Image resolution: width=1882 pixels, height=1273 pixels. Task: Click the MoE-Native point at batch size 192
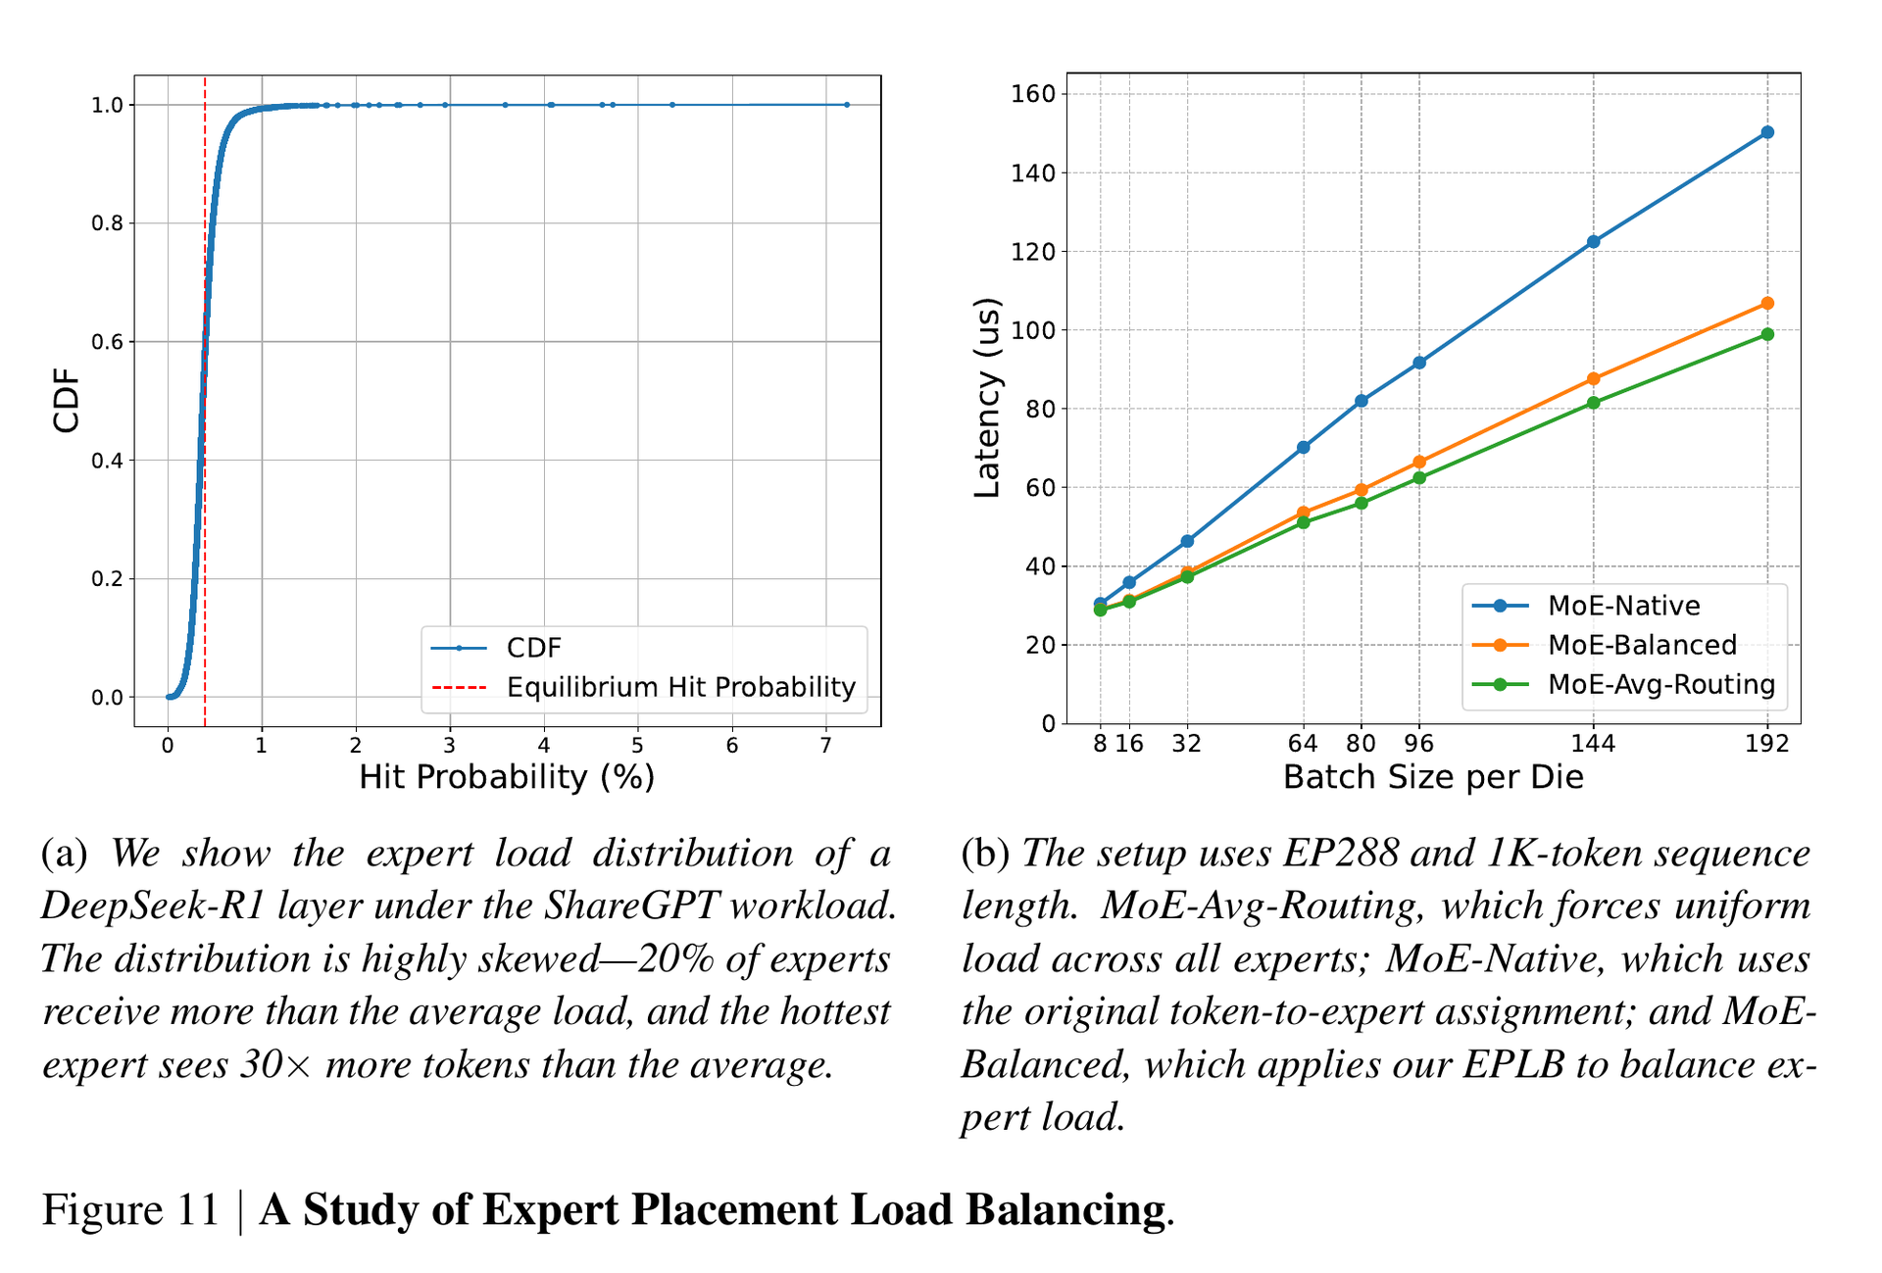coord(1767,132)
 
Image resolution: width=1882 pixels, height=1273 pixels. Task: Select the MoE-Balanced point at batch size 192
coord(1767,304)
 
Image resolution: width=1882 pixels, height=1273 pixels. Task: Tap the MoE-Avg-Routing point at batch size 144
coord(1593,403)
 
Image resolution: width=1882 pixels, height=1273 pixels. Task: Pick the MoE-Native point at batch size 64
coord(1303,448)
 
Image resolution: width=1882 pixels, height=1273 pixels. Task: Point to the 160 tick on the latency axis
coord(1033,94)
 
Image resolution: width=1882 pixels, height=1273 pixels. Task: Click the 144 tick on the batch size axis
coord(1593,744)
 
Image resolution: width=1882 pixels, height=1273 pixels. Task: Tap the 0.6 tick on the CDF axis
coord(107,342)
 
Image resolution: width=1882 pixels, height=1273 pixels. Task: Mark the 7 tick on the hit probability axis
coord(826,746)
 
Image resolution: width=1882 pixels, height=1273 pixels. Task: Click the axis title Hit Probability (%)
coord(507,778)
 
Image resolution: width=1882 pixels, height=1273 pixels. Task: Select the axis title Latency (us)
coord(987,398)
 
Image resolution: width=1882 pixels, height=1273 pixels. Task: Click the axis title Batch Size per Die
coord(1433,778)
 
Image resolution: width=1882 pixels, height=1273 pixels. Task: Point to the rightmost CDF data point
coord(847,105)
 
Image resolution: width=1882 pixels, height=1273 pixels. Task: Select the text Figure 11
coord(130,1209)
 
